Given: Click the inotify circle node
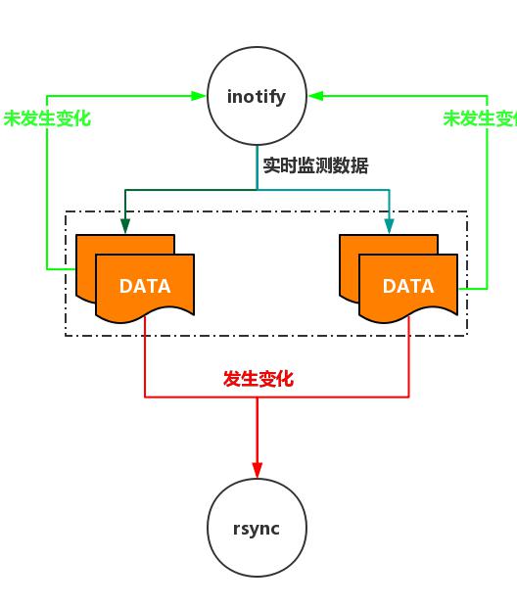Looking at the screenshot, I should coord(258,96).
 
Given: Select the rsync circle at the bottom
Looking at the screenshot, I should coord(258,529).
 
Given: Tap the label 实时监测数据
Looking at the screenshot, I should coord(315,165).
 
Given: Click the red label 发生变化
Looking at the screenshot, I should coord(258,379).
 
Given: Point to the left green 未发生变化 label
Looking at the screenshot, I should coord(46,118).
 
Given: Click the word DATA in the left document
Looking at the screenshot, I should coord(145,287).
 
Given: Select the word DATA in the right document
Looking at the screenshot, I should coord(408,287).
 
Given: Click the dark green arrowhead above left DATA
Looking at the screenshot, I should coord(125,227).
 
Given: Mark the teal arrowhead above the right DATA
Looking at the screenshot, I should coord(389,227).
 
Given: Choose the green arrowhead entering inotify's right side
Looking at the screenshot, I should coord(315,96).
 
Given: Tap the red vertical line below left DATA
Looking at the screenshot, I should coord(145,357).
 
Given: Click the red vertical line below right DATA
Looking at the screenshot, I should coord(408,357).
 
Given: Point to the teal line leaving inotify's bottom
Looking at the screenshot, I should coord(258,166).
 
